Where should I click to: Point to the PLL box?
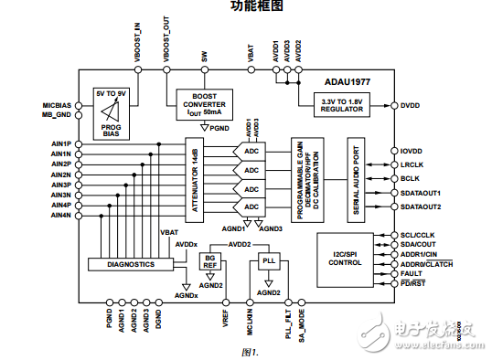pyautogui.click(x=267, y=260)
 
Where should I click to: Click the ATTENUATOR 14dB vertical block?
pyautogui.click(x=194, y=181)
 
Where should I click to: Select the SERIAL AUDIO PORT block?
pyautogui.click(x=357, y=181)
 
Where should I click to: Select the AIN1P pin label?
pyautogui.click(x=60, y=144)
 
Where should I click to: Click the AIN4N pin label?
pyautogui.click(x=60, y=215)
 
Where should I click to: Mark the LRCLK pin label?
pyautogui.click(x=413, y=164)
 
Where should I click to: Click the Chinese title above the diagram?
pyautogui.click(x=246, y=7)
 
